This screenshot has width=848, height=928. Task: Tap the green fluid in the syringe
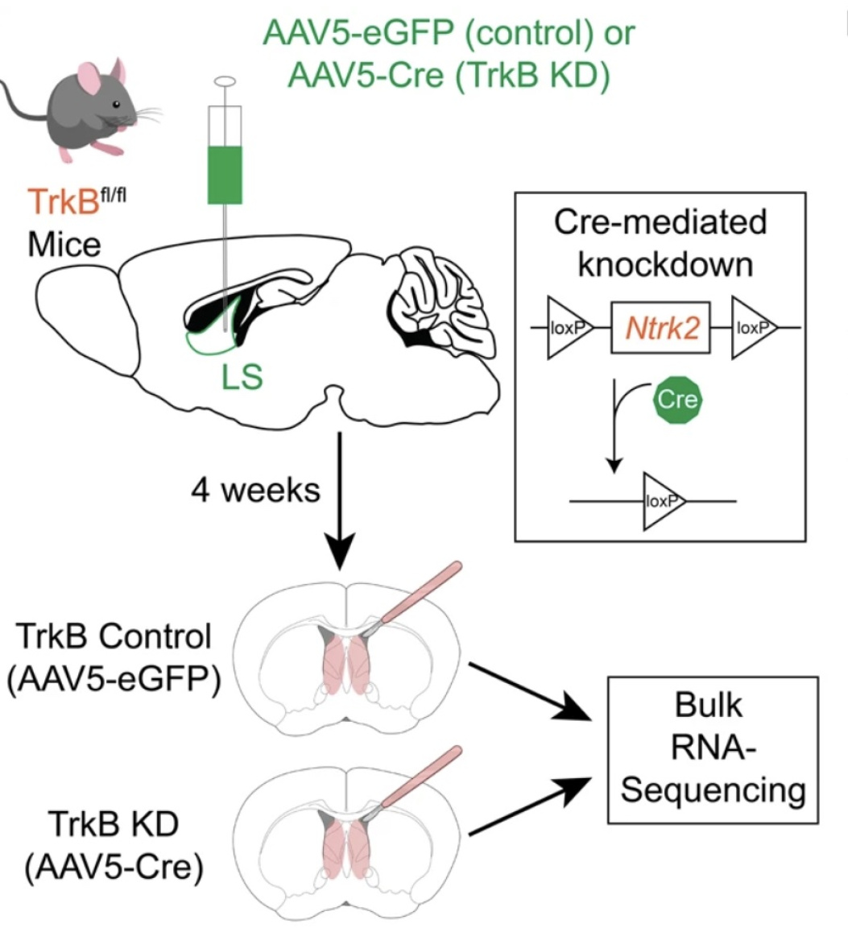coord(225,173)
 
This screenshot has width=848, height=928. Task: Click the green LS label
coord(242,375)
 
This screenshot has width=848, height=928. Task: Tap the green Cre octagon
coord(677,398)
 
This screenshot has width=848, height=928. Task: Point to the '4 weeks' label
coord(255,489)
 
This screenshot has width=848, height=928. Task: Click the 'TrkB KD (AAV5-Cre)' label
coord(113,845)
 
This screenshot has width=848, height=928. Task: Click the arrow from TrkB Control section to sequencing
coord(536,690)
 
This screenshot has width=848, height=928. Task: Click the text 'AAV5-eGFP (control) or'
coord(449,32)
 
